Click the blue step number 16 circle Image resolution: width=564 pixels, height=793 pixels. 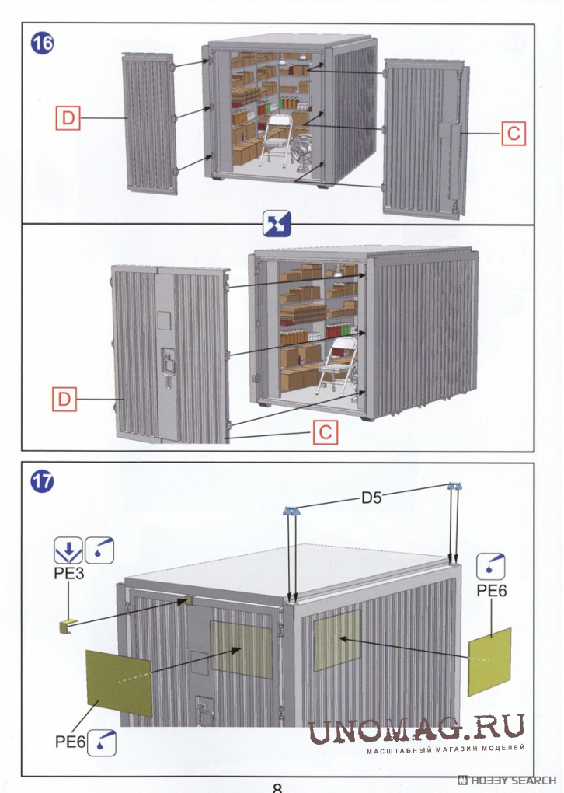click(x=43, y=43)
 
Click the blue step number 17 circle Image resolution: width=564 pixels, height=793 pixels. click(x=42, y=481)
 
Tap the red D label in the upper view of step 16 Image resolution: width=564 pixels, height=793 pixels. click(x=68, y=118)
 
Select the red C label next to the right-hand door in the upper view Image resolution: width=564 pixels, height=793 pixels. click(x=513, y=134)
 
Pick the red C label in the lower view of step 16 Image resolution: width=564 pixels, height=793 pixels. click(x=325, y=432)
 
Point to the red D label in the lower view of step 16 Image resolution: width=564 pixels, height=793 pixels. click(x=64, y=399)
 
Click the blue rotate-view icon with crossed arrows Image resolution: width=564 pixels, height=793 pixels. click(x=277, y=224)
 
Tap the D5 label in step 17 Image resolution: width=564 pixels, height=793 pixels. click(x=371, y=498)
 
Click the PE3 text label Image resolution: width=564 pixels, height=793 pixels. click(x=68, y=573)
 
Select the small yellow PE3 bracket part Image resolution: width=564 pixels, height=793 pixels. click(x=67, y=627)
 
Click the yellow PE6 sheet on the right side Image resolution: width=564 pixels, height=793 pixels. click(x=489, y=662)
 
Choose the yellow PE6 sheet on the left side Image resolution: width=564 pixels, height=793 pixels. click(x=119, y=683)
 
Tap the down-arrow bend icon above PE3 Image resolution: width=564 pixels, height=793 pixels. click(x=68, y=550)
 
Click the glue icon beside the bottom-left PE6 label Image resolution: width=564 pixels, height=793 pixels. click(x=102, y=742)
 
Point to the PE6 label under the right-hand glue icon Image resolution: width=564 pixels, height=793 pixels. click(x=491, y=590)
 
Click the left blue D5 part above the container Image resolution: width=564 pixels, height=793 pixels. click(x=292, y=511)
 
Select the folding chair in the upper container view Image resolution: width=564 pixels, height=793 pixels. click(x=276, y=140)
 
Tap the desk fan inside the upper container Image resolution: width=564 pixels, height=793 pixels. click(x=303, y=154)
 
